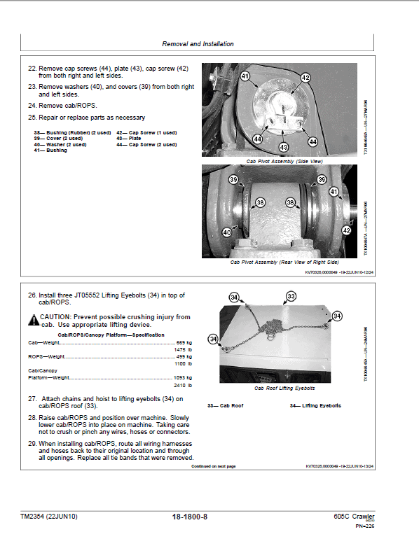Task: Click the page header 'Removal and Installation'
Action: (x=198, y=43)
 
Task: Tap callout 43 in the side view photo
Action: (x=283, y=147)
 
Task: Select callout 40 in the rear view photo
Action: (x=226, y=232)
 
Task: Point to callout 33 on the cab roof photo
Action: (x=291, y=297)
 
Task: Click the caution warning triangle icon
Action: (x=34, y=320)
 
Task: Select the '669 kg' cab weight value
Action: (x=184, y=342)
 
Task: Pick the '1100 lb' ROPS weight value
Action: (x=184, y=364)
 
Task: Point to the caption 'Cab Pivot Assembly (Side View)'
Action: (x=284, y=161)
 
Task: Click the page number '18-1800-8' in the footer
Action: (x=189, y=517)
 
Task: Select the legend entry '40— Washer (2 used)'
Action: (x=63, y=144)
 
